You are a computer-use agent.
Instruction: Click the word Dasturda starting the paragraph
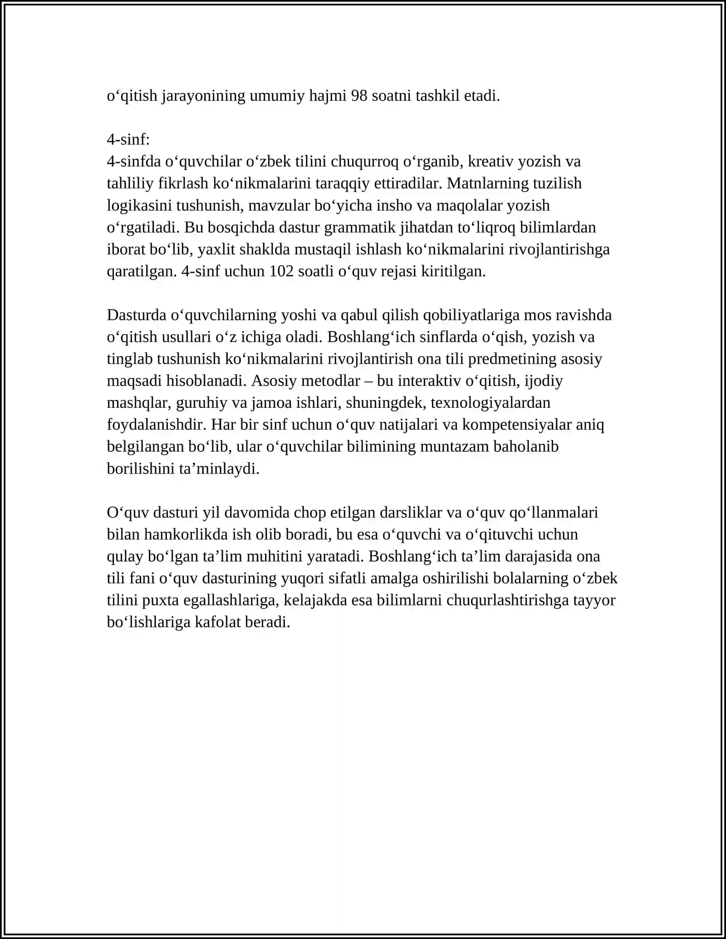click(x=137, y=315)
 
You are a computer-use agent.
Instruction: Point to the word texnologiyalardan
click(x=491, y=403)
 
